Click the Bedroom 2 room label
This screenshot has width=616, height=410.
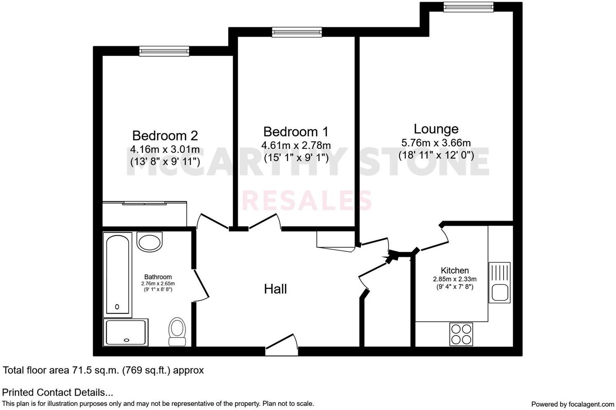pos(165,136)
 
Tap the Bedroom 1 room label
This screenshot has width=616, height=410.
pos(296,132)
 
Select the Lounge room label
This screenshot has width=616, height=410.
pos(436,129)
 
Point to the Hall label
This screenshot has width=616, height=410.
pos(275,289)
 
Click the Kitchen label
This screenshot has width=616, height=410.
pos(455,271)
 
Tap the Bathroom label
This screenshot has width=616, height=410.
pos(158,277)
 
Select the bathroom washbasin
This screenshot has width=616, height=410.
pos(150,241)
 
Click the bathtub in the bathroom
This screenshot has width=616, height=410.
pos(118,274)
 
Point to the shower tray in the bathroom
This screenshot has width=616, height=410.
pos(126,332)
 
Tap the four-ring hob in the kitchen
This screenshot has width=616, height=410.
pos(461,334)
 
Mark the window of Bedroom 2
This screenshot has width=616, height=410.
pos(164,51)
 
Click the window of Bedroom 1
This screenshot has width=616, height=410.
pos(296,32)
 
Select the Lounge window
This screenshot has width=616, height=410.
pos(468,7)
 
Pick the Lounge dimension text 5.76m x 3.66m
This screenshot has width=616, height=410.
pos(436,143)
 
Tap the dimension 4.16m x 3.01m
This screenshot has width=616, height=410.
pos(165,149)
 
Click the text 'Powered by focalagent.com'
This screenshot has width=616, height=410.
pos(572,404)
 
